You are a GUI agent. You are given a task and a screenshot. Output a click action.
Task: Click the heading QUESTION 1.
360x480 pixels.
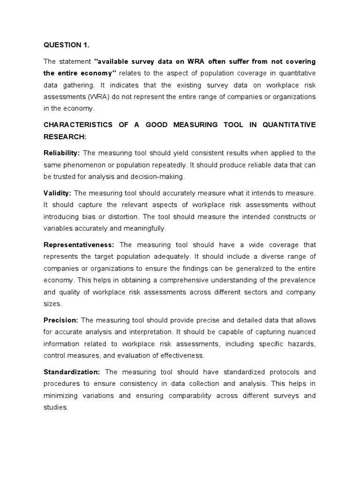tap(66, 45)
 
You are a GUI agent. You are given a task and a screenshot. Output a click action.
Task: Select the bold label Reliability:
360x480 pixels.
tap(62, 153)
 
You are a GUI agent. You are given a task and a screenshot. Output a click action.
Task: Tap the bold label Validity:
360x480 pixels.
tap(58, 193)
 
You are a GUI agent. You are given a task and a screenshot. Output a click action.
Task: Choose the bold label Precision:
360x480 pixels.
tap(61, 320)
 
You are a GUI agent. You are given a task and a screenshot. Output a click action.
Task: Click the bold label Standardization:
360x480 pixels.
tap(72, 372)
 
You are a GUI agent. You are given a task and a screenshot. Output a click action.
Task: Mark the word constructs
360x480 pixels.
tap(285, 217)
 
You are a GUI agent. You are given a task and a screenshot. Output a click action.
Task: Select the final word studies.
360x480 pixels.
tap(56, 407)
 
